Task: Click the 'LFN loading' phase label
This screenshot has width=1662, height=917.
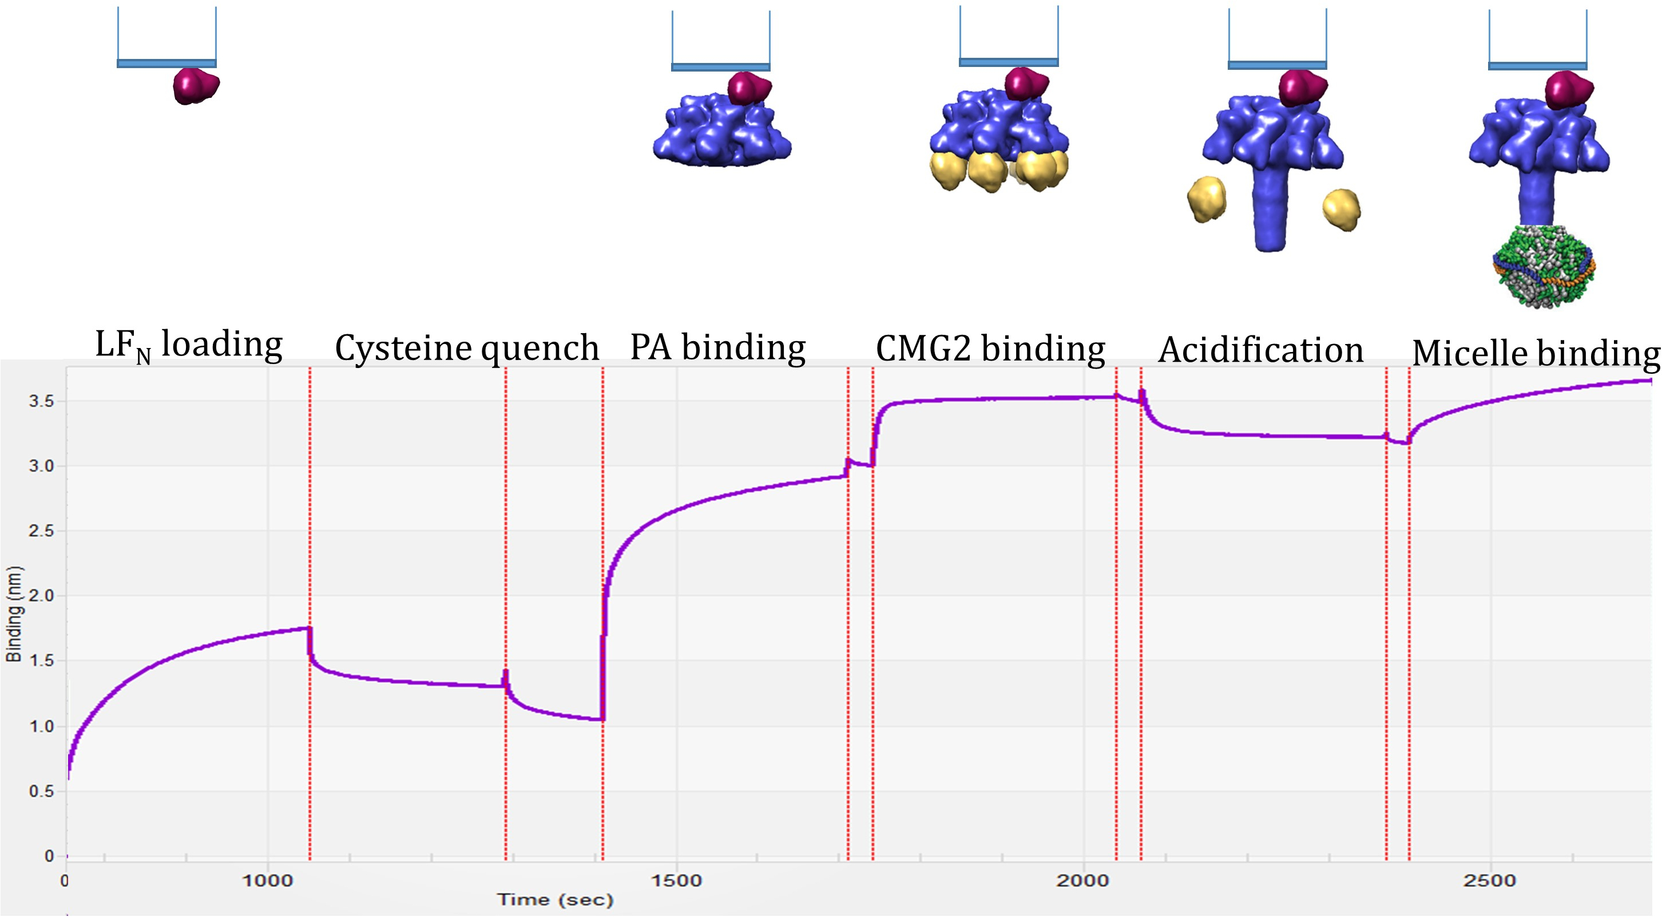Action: click(x=188, y=345)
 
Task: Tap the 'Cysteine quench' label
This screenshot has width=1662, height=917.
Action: click(x=466, y=349)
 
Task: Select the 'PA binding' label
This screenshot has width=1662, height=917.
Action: click(x=717, y=347)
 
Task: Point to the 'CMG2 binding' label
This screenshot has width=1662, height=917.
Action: click(x=990, y=349)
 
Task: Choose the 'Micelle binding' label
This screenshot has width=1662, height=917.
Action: click(x=1536, y=354)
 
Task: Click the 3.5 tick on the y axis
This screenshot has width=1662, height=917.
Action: click(x=41, y=401)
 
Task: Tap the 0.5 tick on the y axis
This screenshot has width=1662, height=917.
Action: click(x=41, y=791)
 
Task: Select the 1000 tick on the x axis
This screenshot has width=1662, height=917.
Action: click(x=268, y=881)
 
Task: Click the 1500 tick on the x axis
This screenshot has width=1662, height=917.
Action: click(x=676, y=881)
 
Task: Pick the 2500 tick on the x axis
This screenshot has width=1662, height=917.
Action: click(x=1490, y=881)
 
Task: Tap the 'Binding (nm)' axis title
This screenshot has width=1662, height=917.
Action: click(x=14, y=614)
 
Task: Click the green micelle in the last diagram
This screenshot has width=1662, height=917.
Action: click(x=1544, y=266)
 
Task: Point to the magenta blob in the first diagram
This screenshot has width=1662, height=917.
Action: click(x=196, y=86)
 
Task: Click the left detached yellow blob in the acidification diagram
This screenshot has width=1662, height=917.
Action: click(x=1207, y=199)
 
